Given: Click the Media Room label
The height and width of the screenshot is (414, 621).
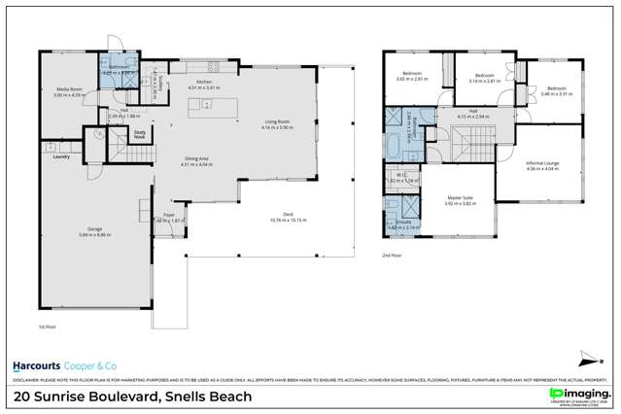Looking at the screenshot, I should pos(67,90).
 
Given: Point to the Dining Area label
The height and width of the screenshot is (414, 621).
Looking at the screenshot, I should pos(197,161).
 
